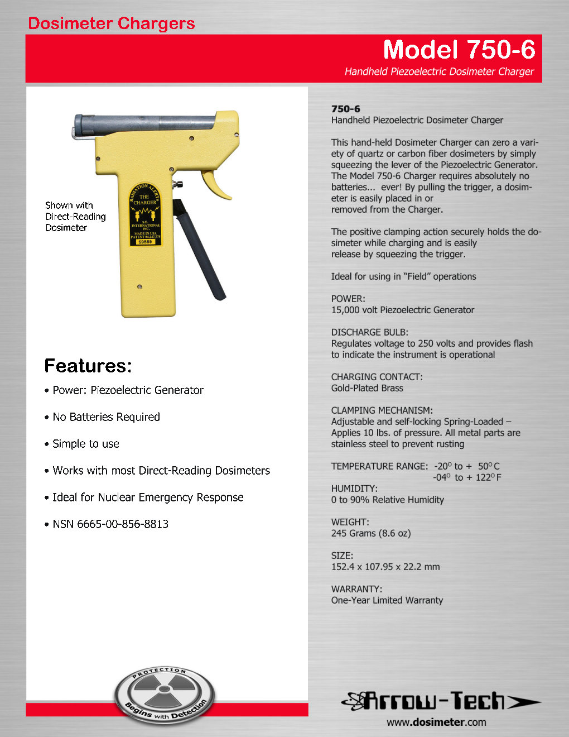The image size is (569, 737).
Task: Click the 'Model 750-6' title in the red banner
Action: point(459,50)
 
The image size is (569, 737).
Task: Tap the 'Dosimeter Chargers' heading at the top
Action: point(112,23)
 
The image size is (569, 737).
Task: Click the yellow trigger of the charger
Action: point(216,184)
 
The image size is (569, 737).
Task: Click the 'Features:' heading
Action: point(88,366)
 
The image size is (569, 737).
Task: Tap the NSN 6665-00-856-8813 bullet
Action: point(110,524)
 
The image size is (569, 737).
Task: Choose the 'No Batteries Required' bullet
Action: point(106,417)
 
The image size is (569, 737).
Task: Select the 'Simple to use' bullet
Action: point(86,444)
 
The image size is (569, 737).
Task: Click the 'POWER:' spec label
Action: point(348,299)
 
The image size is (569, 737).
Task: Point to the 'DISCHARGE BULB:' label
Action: point(369,332)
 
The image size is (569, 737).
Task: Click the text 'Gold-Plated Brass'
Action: point(367,388)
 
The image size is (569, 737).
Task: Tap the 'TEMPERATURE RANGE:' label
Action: point(379,466)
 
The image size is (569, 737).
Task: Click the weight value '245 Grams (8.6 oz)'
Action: point(371,533)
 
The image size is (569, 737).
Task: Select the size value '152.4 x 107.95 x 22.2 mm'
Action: point(385,567)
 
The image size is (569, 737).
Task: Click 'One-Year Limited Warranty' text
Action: point(387,600)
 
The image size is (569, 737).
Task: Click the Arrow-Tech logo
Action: point(441,701)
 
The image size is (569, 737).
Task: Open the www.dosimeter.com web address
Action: point(436,722)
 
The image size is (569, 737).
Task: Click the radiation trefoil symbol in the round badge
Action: point(165,690)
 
